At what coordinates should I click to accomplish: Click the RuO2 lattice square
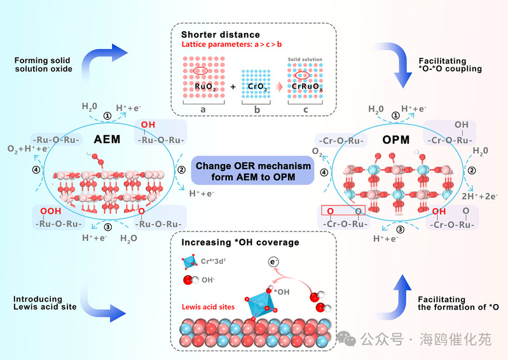203,76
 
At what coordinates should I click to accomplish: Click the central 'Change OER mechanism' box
253,171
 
